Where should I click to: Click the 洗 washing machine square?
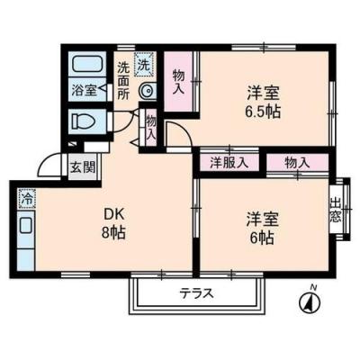tap(144, 65)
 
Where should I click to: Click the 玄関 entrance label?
tap(83, 166)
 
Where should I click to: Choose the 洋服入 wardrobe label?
tap(229, 163)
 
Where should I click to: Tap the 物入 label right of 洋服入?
tap(297, 163)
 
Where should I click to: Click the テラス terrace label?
tap(195, 292)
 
